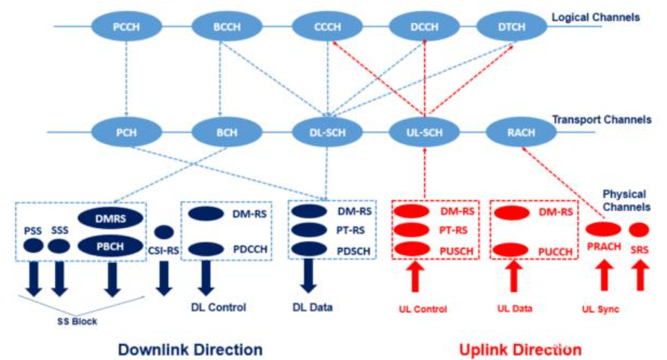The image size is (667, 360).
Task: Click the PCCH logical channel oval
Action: [126, 27]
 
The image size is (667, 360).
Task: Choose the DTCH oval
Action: [511, 27]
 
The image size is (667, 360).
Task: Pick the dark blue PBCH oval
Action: [111, 245]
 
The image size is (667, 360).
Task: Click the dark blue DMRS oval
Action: [111, 219]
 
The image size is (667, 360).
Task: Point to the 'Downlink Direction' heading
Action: [190, 349]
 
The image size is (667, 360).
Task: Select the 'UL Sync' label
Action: [599, 309]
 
